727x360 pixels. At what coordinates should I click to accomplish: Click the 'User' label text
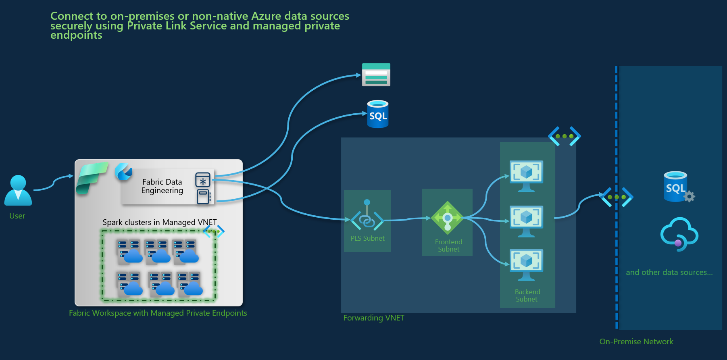coord(17,216)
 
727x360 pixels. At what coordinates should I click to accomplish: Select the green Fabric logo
coord(92,177)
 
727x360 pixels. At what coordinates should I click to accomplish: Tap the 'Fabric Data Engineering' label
coord(162,186)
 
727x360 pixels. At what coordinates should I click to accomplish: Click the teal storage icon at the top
coord(376,75)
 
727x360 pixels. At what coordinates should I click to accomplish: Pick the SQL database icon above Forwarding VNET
coord(378,114)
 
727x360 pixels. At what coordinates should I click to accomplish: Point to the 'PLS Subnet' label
coord(367,239)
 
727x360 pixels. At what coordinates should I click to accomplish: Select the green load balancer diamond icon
coord(447,218)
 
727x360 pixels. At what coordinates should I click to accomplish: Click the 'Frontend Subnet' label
coord(448,246)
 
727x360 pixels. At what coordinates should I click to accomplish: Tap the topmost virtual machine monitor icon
coord(526,176)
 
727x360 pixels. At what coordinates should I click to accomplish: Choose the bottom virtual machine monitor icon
coord(526,264)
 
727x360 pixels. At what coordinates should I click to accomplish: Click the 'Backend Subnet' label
coord(527,295)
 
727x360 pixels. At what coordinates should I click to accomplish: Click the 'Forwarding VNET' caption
coord(373,318)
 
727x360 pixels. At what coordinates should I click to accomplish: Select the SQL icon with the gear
coord(677,187)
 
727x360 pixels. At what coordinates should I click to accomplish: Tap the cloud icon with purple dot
coord(679,234)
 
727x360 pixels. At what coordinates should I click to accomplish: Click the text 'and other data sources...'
coord(669,273)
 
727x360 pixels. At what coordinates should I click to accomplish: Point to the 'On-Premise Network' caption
coord(636,342)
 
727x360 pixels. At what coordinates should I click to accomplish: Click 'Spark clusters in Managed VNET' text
coord(159,223)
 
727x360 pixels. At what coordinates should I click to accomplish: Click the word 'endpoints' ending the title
coord(76,35)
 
